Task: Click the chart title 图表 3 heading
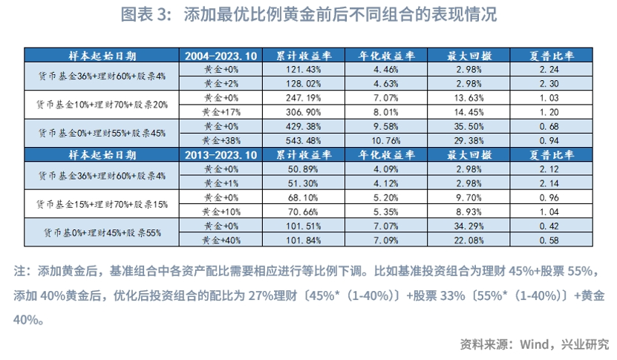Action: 309,15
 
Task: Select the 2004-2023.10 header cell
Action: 221,56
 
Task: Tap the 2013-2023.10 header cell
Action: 221,155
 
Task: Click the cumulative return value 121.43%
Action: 304,70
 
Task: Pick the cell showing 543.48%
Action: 304,140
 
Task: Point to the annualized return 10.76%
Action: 386,140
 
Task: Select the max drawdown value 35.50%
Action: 469,126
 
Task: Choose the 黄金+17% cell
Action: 221,112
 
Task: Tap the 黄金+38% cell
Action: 221,140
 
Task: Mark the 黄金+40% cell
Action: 221,240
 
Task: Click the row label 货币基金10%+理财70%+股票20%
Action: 102,105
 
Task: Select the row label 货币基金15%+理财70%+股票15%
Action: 102,204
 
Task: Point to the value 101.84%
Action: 304,240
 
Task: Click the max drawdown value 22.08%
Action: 469,240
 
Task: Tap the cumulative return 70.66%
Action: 304,212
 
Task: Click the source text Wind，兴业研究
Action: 564,344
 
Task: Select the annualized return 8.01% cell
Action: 386,112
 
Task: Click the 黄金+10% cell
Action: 221,212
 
